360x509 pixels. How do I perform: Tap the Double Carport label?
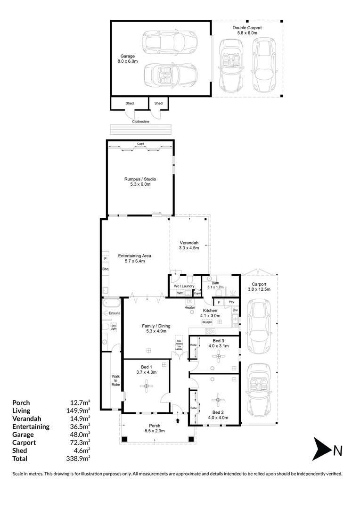pos(247,28)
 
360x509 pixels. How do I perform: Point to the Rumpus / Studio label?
pos(140,179)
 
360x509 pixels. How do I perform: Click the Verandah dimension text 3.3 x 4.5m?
pos(189,247)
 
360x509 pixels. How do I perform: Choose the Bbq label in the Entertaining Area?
pos(106,269)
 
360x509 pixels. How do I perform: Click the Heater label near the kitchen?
pos(190,307)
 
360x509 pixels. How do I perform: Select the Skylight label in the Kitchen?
pos(207,322)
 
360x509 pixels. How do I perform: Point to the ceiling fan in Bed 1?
pos(147,387)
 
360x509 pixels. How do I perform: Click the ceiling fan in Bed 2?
pos(217,401)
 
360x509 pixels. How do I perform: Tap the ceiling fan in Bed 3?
pos(218,358)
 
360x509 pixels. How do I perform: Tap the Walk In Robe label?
pos(115,380)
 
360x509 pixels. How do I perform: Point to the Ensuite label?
pos(115,312)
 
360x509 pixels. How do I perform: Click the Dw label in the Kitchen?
pos(235,310)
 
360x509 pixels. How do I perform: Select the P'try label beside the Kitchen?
pos(231,302)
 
